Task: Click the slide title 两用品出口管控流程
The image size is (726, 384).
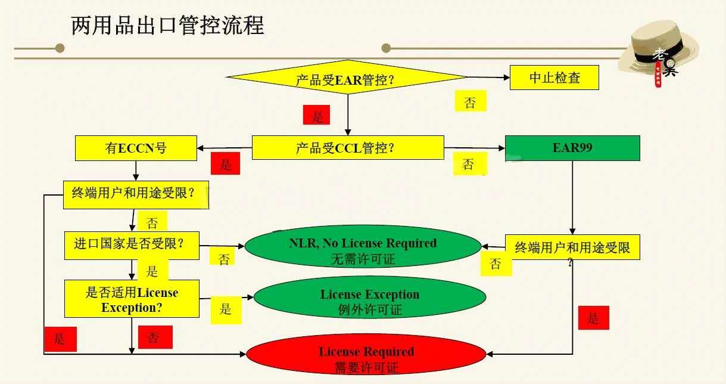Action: pos(167,26)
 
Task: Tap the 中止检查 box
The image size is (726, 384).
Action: pos(554,78)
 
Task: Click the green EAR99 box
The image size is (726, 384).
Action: pos(572,148)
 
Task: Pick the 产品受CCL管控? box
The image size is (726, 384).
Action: pos(348,148)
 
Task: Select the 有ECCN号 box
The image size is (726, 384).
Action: pos(136,148)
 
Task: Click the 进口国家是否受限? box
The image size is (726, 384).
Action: pos(132,244)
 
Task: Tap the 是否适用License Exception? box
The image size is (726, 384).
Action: pos(132,299)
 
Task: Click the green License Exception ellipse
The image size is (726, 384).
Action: pos(369,301)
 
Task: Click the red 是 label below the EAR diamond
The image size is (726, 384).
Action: pos(317,115)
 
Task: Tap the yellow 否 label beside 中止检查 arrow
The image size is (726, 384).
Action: pos(470,101)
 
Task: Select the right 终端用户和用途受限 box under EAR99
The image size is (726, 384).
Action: pos(572,247)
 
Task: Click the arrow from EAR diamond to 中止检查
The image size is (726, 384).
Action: pos(488,78)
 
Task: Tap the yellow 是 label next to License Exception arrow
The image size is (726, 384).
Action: pos(226,309)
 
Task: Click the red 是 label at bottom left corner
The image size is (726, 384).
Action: pos(60,339)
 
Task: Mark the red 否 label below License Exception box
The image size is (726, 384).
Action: pos(155,337)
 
